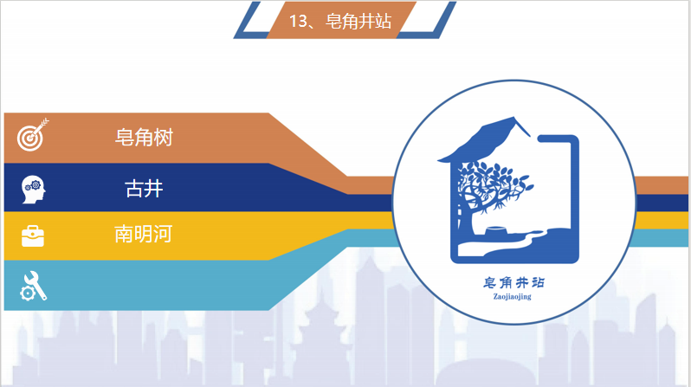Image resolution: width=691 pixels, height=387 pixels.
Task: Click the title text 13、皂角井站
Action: [x=340, y=21]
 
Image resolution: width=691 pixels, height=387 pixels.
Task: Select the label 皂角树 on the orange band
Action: [x=144, y=138]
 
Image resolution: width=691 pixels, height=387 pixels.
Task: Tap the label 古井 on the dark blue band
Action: [x=144, y=189]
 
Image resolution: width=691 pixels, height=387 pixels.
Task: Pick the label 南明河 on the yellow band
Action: [x=143, y=234]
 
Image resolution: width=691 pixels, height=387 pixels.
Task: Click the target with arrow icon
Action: [x=33, y=135]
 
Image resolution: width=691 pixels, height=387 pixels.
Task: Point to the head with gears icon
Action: [x=33, y=190]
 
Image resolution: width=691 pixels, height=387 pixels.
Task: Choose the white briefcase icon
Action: [x=33, y=235]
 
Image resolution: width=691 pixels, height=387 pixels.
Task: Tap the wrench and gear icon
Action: [x=33, y=286]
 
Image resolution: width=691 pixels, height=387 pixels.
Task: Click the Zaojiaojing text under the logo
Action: [x=512, y=297]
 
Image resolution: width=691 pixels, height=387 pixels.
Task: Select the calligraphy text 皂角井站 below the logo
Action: [x=513, y=282]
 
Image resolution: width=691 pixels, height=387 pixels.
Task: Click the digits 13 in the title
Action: [x=298, y=21]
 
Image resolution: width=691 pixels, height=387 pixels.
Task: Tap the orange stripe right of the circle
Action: [x=661, y=185]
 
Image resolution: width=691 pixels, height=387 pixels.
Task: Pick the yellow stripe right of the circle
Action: [x=662, y=221]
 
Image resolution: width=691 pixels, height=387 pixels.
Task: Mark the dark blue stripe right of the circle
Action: [x=662, y=203]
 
